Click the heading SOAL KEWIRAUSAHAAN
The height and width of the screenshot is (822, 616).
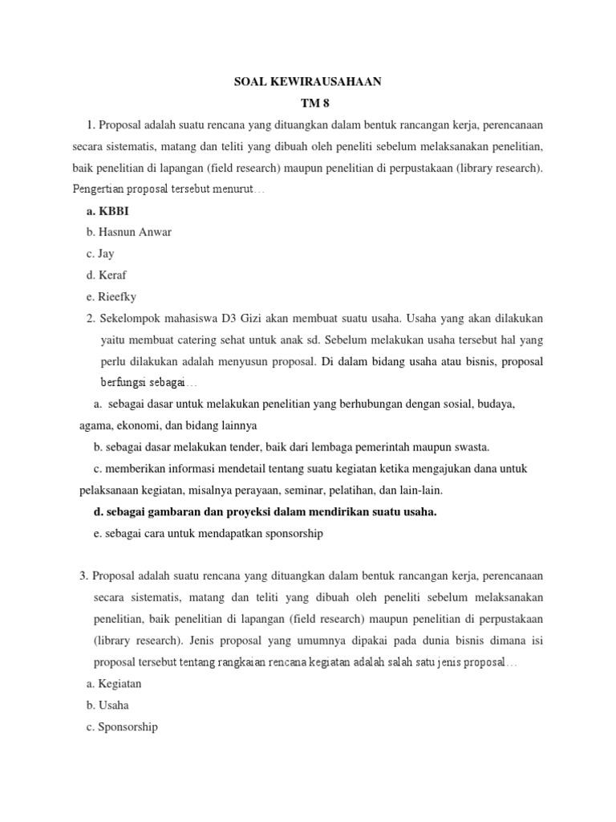(x=308, y=81)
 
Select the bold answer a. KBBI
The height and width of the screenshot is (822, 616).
(x=107, y=211)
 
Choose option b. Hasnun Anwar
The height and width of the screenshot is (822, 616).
(x=128, y=232)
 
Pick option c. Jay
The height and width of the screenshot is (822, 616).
(x=100, y=254)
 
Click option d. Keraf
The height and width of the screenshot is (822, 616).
(x=106, y=275)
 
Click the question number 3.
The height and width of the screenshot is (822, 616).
(x=83, y=576)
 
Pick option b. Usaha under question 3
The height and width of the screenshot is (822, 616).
(x=107, y=705)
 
